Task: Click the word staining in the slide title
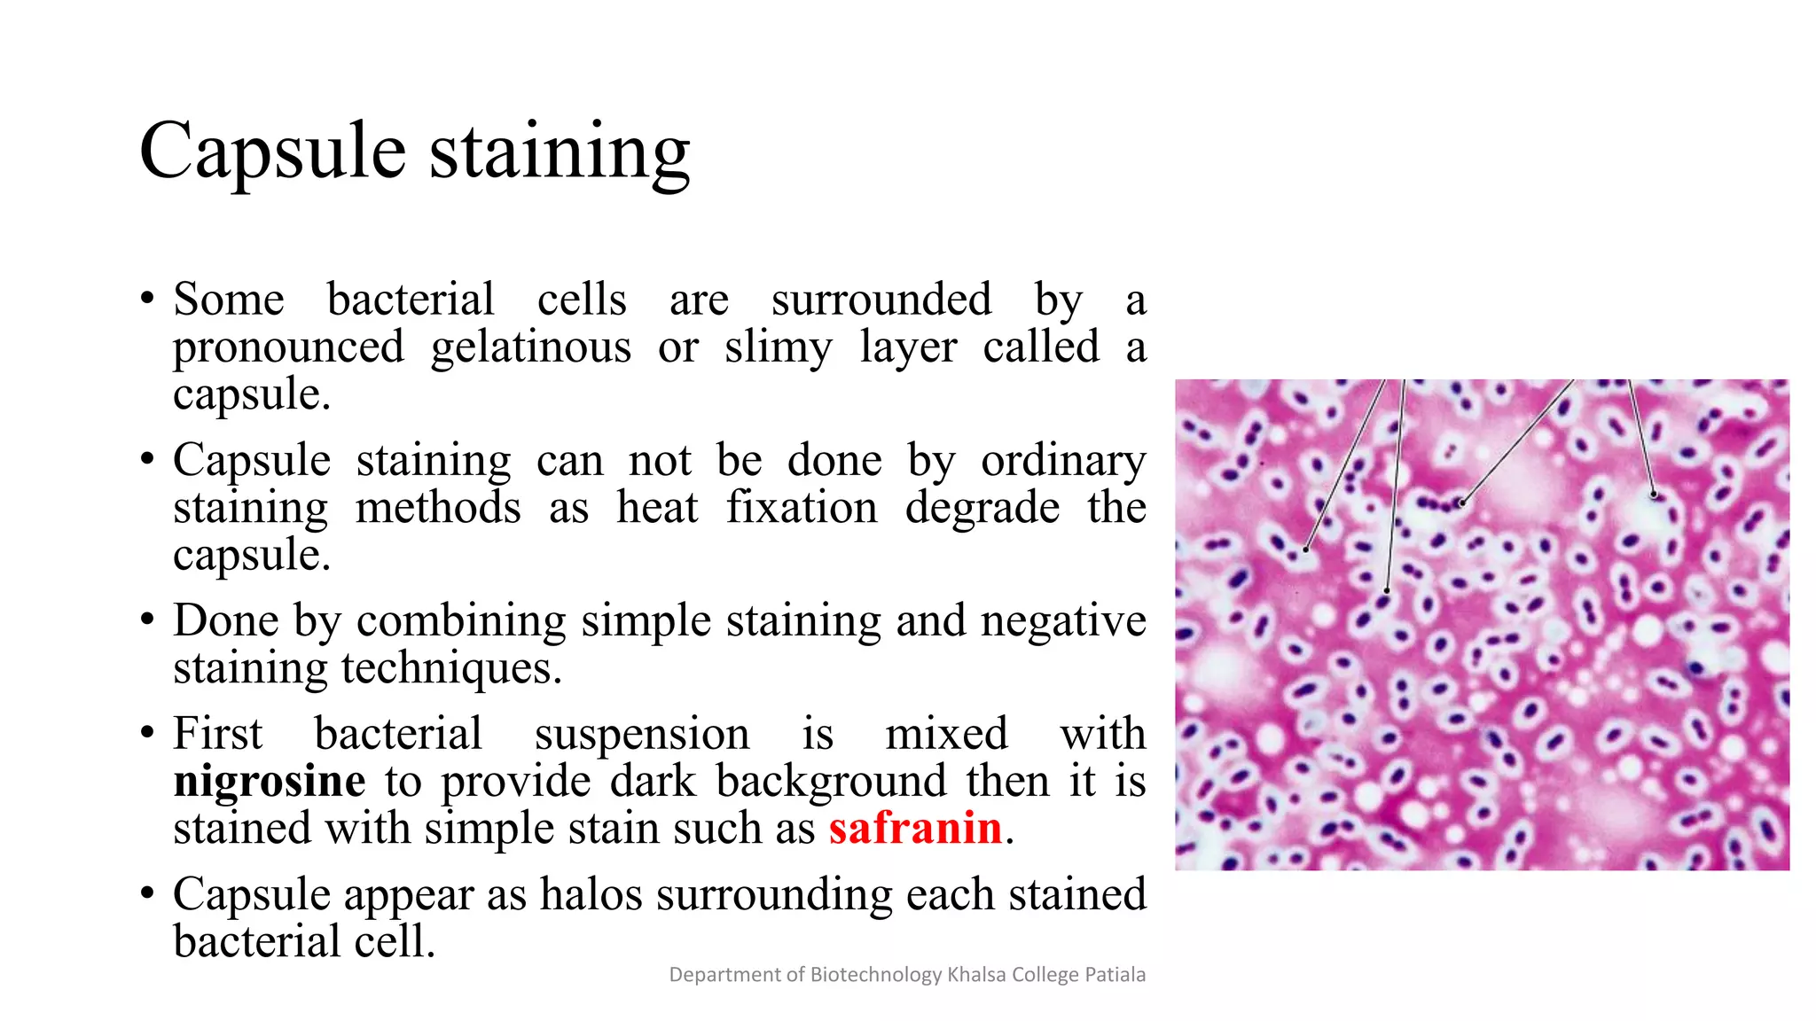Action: coord(560,152)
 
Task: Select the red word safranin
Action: coord(915,829)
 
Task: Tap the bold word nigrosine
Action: coord(270,782)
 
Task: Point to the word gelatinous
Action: coord(530,347)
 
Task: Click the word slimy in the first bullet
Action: coord(778,347)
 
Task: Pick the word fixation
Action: coord(802,509)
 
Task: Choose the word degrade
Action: coord(982,509)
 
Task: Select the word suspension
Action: coord(642,735)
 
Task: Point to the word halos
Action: coord(591,894)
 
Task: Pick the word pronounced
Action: coord(288,347)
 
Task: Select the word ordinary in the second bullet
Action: coord(1063,461)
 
